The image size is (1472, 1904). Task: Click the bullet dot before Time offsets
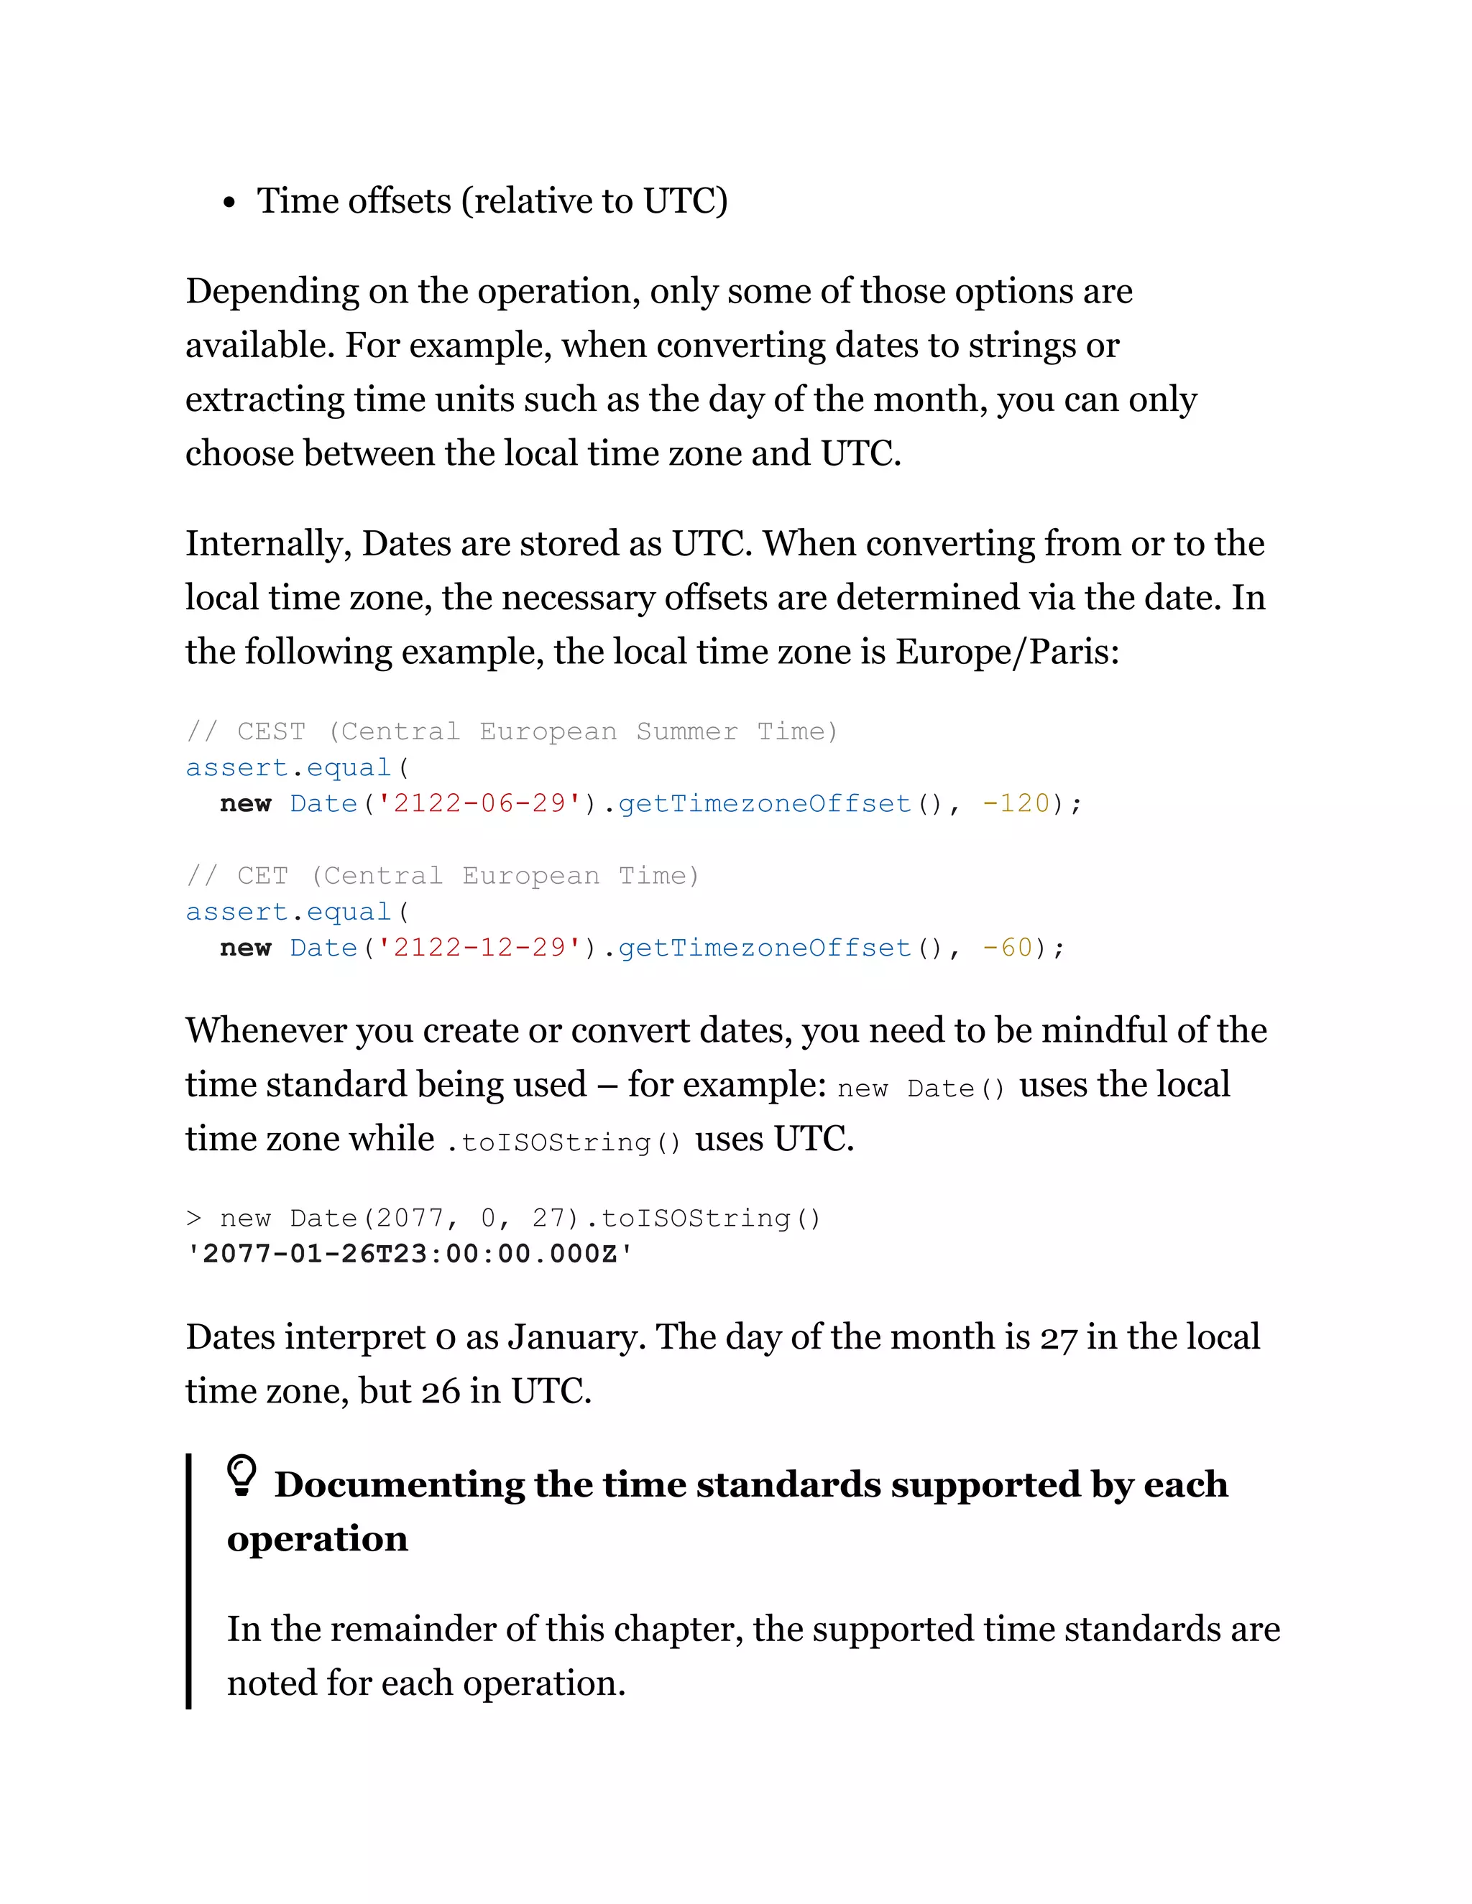229,204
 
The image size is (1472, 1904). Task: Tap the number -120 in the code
1015,803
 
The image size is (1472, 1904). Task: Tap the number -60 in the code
1006,948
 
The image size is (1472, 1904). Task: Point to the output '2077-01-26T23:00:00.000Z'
410,1254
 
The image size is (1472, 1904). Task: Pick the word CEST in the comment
271,731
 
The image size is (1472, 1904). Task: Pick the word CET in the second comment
262,875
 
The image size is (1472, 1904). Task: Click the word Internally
267,544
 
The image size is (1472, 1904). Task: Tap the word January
576,1337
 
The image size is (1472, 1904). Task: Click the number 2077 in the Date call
409,1218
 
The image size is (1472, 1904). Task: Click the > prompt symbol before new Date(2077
193,1218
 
